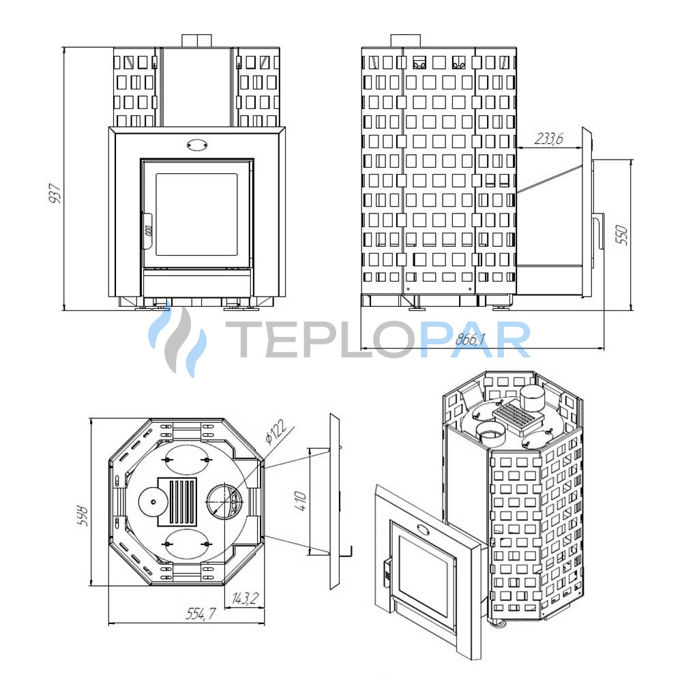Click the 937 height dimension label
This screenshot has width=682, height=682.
point(55,194)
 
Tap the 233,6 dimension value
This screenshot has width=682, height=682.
point(549,138)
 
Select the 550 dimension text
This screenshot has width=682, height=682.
point(623,235)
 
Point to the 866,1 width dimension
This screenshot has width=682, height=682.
point(470,339)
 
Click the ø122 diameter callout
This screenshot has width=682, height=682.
point(276,432)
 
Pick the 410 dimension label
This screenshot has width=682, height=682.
point(301,501)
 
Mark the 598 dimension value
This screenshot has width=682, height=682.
point(83,516)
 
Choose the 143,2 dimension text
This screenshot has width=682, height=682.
point(245,599)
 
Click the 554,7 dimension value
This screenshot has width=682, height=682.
point(201,613)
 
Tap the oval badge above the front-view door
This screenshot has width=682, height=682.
point(197,145)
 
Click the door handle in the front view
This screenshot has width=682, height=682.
point(147,231)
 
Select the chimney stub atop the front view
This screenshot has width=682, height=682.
point(197,40)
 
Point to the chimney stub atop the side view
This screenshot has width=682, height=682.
point(405,40)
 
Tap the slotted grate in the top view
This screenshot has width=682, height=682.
point(177,502)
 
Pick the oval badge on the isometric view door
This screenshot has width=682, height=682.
point(423,529)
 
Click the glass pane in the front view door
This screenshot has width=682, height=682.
point(196,214)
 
